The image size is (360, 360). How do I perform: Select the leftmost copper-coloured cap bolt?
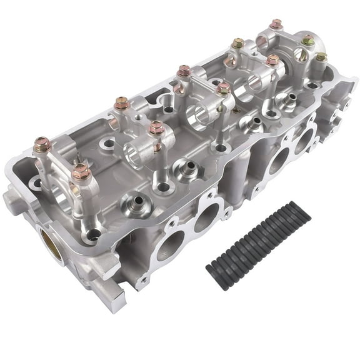click(x=42, y=145)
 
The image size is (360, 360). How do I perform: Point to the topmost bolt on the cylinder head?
click(x=276, y=25)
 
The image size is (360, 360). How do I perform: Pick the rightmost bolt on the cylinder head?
click(x=321, y=57)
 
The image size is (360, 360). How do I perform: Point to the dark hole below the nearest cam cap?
click(x=94, y=235)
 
